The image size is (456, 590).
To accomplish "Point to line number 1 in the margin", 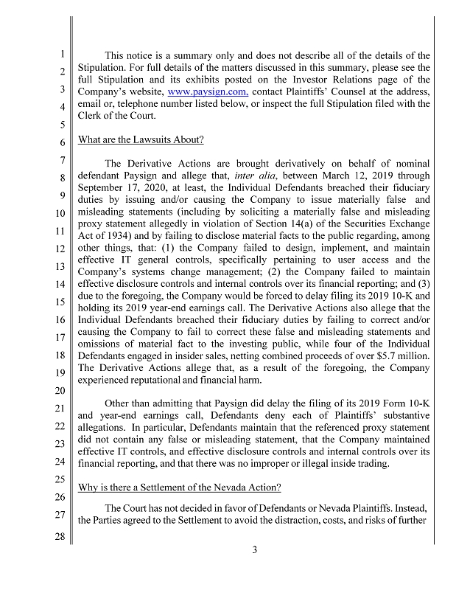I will coord(64,54).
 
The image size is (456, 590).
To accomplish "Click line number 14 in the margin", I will coord(63,285).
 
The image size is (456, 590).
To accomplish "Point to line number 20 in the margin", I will coord(63,390).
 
